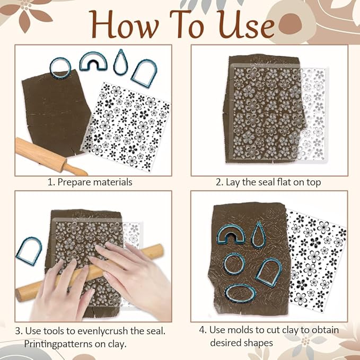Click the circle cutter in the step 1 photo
click(x=60, y=66)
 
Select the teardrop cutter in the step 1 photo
click(x=120, y=62)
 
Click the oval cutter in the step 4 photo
click(x=239, y=291)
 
